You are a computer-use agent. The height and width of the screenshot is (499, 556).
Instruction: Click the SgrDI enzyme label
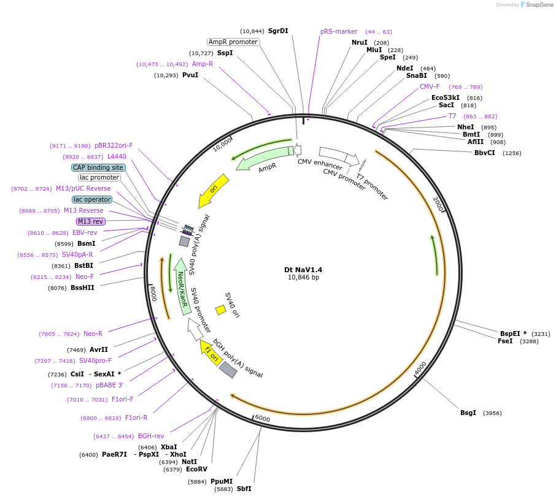click(x=278, y=31)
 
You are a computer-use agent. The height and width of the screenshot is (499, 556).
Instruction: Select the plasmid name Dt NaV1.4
click(x=303, y=269)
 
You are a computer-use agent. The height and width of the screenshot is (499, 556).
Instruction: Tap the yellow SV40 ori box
click(x=220, y=310)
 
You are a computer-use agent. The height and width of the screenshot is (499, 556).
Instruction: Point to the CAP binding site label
click(x=98, y=167)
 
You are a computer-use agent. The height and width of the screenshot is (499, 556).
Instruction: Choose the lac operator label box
click(x=92, y=199)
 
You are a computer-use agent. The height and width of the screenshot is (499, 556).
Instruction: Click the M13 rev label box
click(x=90, y=221)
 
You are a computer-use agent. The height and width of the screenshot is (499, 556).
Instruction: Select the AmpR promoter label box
click(x=233, y=42)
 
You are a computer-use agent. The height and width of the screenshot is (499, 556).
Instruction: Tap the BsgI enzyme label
click(x=468, y=413)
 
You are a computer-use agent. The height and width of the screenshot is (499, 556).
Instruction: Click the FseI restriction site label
click(x=505, y=341)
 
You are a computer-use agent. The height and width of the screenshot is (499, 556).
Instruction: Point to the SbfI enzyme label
click(x=244, y=489)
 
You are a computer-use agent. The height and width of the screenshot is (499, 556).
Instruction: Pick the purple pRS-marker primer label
click(x=339, y=31)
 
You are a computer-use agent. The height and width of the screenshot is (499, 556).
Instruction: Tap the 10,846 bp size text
click(x=303, y=278)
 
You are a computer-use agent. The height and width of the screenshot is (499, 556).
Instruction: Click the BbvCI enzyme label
click(x=485, y=153)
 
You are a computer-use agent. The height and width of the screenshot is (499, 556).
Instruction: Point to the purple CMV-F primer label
click(x=430, y=86)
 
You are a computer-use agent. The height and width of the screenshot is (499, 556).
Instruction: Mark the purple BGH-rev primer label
click(x=151, y=436)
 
